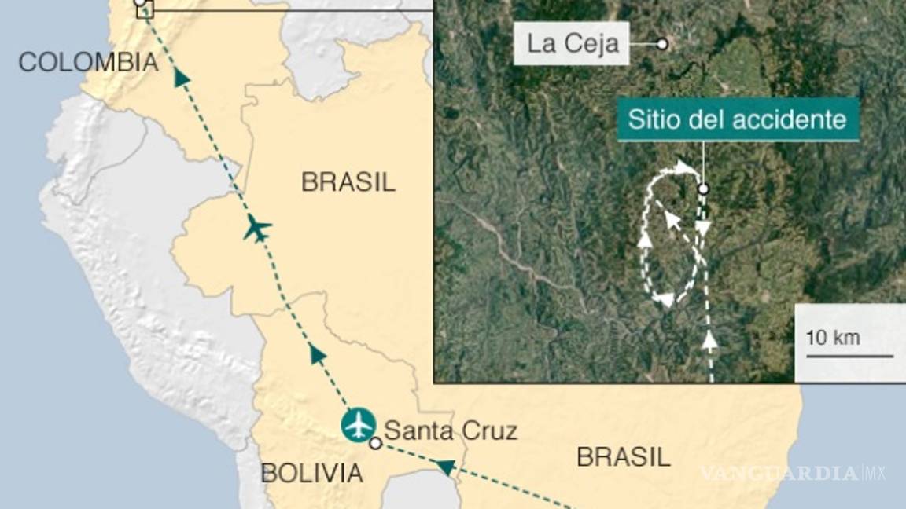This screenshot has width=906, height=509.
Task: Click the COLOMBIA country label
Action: pyautogui.click(x=88, y=62)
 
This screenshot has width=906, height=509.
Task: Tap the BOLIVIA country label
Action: pyautogui.click(x=312, y=473)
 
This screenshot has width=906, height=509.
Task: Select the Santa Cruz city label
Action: pyautogui.click(x=451, y=430)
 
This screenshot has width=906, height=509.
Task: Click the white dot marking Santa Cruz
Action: pyautogui.click(x=376, y=443)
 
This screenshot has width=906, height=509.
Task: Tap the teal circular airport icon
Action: pyautogui.click(x=359, y=425)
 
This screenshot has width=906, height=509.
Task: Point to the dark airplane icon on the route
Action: pyautogui.click(x=257, y=229)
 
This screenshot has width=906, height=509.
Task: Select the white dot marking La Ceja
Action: pyautogui.click(x=662, y=44)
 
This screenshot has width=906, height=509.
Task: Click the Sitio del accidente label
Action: pyautogui.click(x=737, y=121)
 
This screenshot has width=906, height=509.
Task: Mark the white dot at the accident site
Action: pyautogui.click(x=703, y=189)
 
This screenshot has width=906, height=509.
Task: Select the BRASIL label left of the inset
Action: pyautogui.click(x=348, y=182)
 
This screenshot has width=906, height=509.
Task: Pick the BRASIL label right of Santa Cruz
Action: pyautogui.click(x=624, y=456)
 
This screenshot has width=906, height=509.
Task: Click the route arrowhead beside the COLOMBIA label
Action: pyautogui.click(x=182, y=76)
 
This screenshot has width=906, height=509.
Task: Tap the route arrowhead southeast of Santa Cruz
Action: pyautogui.click(x=445, y=468)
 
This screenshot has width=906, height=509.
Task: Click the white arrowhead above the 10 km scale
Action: pyautogui.click(x=710, y=339)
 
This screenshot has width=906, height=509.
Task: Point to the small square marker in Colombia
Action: pyautogui.click(x=145, y=9)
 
